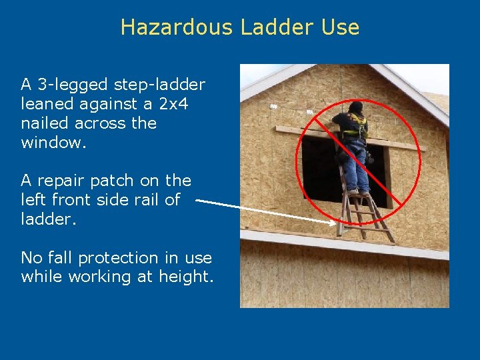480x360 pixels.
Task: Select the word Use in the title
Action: coord(340,27)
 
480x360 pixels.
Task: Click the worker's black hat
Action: coord(355,107)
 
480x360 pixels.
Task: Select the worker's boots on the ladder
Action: coord(358,193)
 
